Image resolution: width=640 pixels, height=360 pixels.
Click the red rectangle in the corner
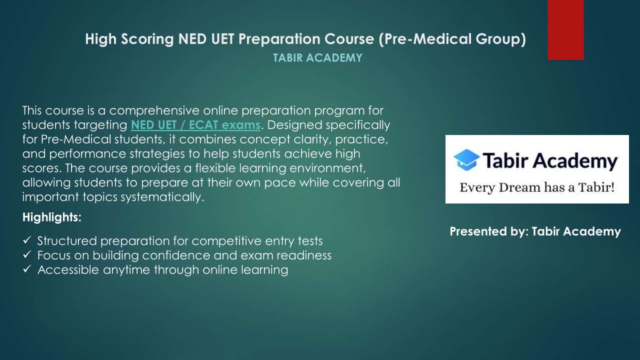coord(565,30)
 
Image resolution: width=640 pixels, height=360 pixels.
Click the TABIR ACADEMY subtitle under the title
coord(317,58)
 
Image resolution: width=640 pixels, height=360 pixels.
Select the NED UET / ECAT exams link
coord(195,125)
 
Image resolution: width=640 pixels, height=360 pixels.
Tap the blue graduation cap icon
coord(466,160)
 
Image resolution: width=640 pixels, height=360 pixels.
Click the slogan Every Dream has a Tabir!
coord(537,187)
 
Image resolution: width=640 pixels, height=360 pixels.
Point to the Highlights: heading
coord(51,217)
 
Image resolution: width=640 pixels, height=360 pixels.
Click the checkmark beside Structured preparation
coord(27,240)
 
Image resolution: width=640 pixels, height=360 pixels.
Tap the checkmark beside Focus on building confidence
coord(27,254)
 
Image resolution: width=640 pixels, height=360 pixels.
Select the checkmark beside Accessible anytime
coord(27,269)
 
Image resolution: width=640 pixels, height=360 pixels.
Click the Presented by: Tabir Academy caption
coord(535,231)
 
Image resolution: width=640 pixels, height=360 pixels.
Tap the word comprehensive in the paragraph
coord(154,111)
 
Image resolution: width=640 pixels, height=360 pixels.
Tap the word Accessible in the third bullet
coord(68,270)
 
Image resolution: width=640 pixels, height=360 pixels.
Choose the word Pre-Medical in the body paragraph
coord(76,139)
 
